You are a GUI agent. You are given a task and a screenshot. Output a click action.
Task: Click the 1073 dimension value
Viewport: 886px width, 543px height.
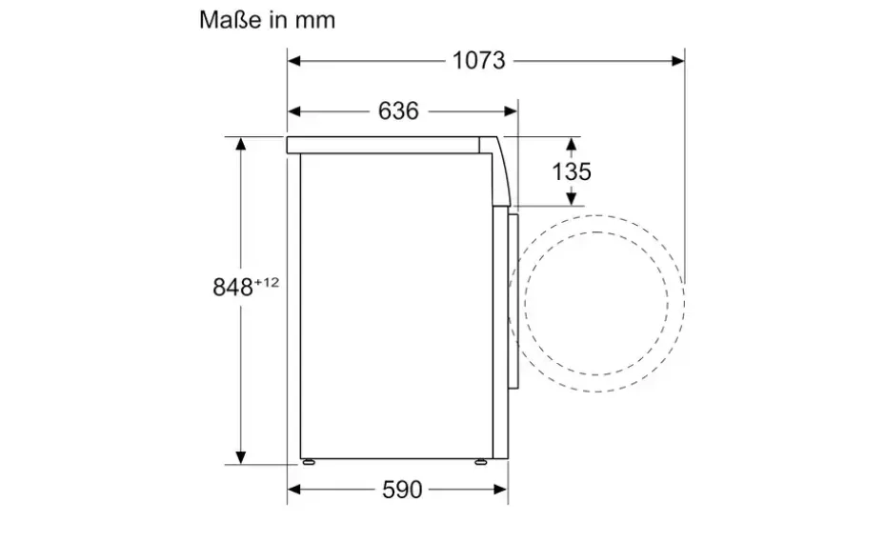tap(478, 60)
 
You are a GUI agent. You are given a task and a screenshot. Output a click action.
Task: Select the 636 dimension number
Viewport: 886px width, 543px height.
tap(398, 111)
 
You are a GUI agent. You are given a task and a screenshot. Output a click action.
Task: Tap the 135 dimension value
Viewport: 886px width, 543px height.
tap(572, 171)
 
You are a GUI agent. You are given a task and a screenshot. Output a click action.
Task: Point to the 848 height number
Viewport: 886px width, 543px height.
tap(232, 287)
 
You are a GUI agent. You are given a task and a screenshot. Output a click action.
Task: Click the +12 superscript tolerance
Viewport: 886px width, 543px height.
tap(267, 281)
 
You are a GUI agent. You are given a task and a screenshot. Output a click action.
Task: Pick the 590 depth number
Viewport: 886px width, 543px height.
tap(402, 490)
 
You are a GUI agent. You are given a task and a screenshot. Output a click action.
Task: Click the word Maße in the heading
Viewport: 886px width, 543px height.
tap(232, 20)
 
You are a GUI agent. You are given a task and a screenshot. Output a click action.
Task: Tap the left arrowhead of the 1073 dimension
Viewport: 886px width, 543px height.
tap(293, 60)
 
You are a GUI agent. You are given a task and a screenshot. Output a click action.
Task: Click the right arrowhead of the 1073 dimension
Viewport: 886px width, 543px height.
tap(678, 60)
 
